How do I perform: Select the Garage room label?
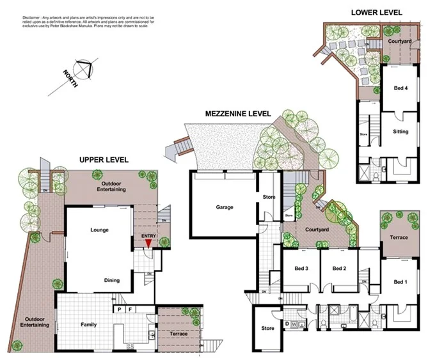[224, 207]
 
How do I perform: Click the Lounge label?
[99, 230]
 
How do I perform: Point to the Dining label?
[113, 280]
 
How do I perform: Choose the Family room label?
[89, 325]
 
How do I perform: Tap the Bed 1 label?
[400, 282]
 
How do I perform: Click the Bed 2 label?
[339, 269]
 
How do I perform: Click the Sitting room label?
[400, 132]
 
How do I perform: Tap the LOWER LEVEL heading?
[377, 12]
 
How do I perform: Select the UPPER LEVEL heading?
[104, 159]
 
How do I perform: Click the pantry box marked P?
[118, 309]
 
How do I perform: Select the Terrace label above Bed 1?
[399, 237]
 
